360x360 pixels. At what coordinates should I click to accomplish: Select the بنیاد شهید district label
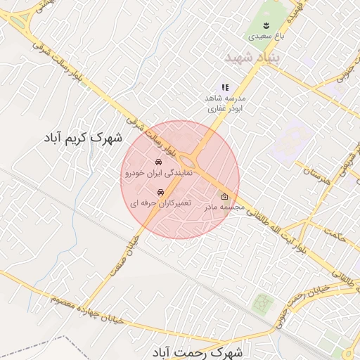[250, 56]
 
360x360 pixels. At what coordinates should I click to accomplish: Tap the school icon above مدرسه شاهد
[225, 87]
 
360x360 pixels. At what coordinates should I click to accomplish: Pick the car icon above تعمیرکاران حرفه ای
[160, 192]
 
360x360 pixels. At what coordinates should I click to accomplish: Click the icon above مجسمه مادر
[225, 197]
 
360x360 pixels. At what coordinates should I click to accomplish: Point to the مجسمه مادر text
[224, 207]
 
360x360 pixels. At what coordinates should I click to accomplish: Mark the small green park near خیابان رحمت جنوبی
[263, 303]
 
